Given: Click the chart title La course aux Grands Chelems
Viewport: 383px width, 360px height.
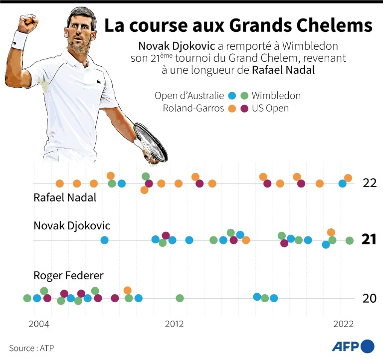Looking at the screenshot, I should click(238, 26).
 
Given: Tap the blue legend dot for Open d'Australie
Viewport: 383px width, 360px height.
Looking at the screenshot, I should click(231, 96).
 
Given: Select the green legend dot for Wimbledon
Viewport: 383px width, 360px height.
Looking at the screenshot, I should click(244, 96).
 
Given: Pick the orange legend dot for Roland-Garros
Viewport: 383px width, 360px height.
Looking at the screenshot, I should click(231, 108).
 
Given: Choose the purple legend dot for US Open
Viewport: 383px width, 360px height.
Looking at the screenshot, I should click(244, 108).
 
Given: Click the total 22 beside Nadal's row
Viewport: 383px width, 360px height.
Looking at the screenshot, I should click(370, 183).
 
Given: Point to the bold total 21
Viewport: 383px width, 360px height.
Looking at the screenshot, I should click(369, 240).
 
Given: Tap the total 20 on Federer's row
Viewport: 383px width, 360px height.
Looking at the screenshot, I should click(370, 298).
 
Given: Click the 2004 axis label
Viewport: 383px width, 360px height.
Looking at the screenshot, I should click(38, 324).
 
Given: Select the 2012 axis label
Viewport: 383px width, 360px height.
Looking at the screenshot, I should click(174, 324).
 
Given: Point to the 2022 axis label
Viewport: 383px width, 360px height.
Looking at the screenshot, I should click(343, 324).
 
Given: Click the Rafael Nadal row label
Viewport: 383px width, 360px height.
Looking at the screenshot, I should click(65, 197).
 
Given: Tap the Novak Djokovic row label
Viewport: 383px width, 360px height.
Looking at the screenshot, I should click(72, 226).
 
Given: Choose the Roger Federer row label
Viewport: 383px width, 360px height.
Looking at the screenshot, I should click(68, 276).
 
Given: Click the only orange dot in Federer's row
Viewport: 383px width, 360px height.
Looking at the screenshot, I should click(128, 290).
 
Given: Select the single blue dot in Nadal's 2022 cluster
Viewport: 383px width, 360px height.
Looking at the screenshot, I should click(342, 183).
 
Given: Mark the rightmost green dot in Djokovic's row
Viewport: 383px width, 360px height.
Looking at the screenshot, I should click(350, 240).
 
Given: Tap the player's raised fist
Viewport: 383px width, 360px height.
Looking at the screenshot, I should click(27, 23).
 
